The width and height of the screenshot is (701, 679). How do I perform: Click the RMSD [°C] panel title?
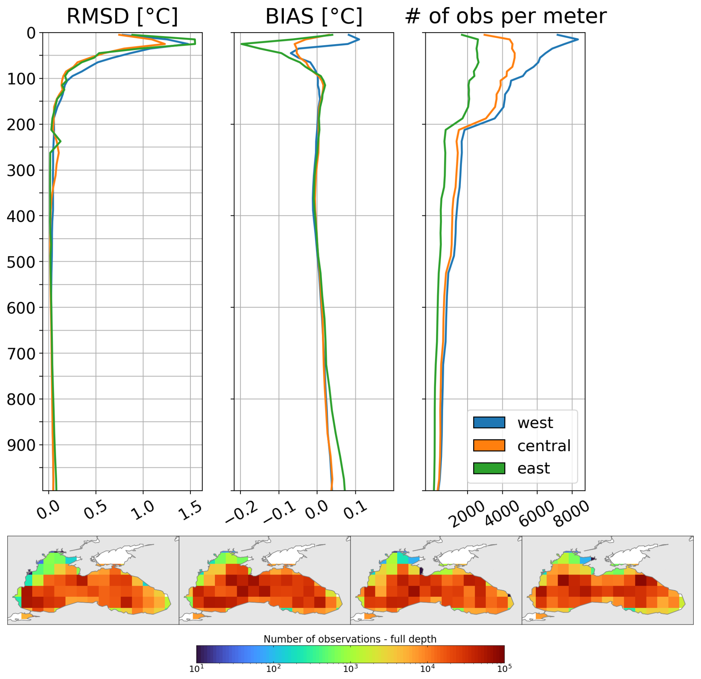point(122,16)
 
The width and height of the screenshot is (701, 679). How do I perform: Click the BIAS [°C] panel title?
point(314,16)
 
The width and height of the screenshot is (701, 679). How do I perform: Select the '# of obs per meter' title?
point(506,16)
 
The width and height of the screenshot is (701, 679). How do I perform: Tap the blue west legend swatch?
point(489,423)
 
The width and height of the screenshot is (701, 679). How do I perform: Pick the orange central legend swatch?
point(489,446)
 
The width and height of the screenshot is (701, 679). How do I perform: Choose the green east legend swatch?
point(489,468)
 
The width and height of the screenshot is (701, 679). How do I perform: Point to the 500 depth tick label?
point(21,262)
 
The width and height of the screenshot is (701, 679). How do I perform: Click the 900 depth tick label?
point(21,445)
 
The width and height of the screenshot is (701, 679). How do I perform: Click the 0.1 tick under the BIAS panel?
point(355,511)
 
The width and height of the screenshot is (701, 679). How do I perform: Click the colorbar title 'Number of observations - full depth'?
point(350,639)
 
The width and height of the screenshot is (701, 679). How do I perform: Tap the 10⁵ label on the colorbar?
point(504,669)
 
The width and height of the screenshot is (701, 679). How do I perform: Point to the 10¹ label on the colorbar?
point(196,669)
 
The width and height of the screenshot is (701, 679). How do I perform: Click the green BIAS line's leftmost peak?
point(242,44)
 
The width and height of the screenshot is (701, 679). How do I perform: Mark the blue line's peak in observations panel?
point(578,39)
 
